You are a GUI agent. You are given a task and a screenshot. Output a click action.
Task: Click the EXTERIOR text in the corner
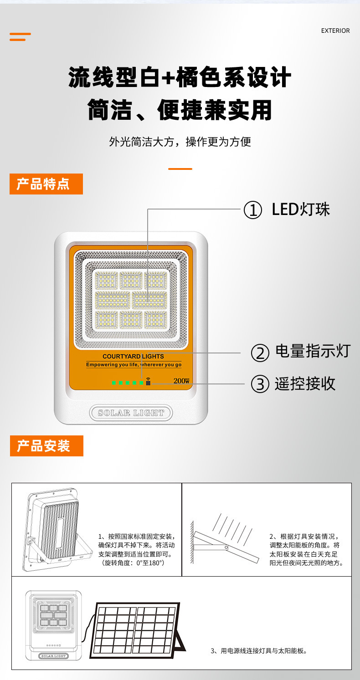coord(335,31)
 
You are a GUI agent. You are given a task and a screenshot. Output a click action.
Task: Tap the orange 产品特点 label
coord(46,184)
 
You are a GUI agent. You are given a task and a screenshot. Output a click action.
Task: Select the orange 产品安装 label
coord(46,445)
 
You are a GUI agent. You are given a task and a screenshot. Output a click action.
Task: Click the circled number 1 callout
coord(253,210)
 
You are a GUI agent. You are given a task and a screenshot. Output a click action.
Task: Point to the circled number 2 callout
coord(260,353)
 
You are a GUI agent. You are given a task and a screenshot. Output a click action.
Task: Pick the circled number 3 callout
coord(260,383)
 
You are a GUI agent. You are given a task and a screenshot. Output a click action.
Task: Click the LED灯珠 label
coord(300,210)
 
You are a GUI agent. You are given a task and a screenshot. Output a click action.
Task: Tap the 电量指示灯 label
coord(313,351)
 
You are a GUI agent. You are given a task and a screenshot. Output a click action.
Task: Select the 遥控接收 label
coord(305,383)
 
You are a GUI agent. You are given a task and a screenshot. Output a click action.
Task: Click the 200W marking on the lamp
coord(181,381)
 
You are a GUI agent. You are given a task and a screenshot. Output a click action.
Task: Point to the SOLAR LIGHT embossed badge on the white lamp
coord(131,413)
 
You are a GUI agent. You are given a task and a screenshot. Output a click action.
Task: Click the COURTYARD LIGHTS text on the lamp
coord(133,356)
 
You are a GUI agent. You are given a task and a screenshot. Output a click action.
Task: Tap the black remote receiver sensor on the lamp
coord(148,382)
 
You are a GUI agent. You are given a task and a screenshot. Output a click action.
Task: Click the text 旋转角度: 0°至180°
coord(134,563)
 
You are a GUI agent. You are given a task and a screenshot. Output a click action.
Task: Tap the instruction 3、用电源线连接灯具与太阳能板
coord(259,650)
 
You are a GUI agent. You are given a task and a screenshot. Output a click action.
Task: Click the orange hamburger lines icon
coord(20,37)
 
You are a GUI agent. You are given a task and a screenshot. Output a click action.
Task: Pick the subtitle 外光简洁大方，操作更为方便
coord(180,142)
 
